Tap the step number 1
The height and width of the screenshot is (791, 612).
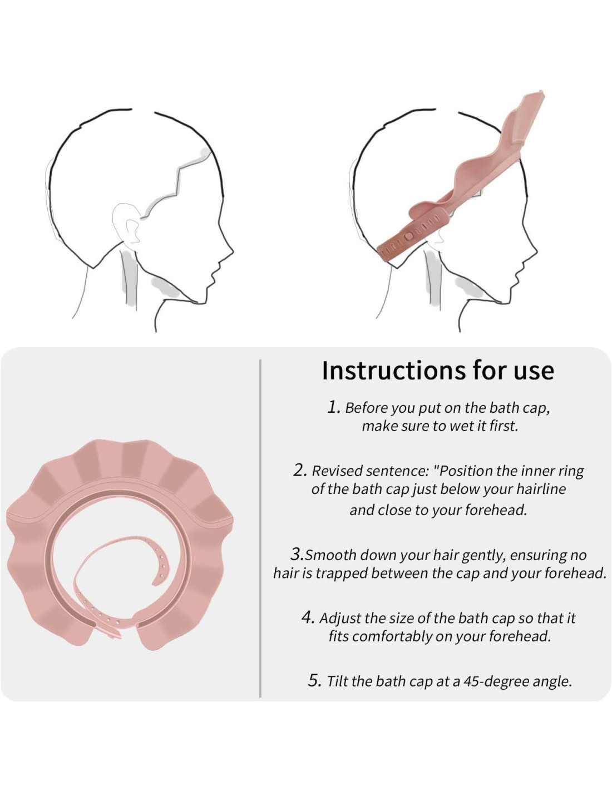[x=333, y=407]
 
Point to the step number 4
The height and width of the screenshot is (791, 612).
[x=308, y=618]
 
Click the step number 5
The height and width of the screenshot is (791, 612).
[x=314, y=680]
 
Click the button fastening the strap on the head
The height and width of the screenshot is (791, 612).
[x=409, y=237]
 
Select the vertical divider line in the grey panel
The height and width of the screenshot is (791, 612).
[x=260, y=528]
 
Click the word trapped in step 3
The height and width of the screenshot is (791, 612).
[x=338, y=574]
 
